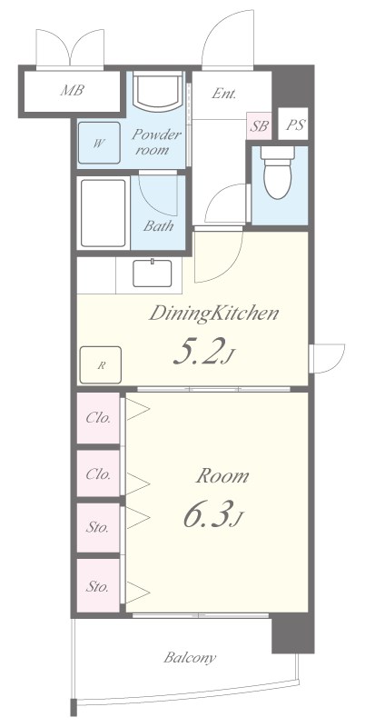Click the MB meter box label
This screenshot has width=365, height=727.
tap(73, 90)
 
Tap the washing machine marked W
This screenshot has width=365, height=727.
tap(99, 143)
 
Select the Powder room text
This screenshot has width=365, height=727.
tap(156, 143)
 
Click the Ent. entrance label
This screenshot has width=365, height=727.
tap(224, 94)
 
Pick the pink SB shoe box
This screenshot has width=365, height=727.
tap(259, 125)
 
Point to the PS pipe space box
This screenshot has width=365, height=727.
tap(293, 124)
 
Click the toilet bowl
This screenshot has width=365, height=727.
tap(278, 173)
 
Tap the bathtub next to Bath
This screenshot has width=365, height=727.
tap(103, 213)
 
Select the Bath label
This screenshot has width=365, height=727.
tap(158, 226)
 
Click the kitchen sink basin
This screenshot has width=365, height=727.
tap(153, 274)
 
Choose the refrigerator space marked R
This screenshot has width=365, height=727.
tap(101, 365)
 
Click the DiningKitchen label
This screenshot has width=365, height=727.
tap(213, 314)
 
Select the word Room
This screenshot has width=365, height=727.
tap(222, 476)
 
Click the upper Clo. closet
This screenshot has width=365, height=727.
tap(99, 418)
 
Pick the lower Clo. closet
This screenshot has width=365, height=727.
tap(99, 473)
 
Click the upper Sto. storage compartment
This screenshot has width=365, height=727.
tap(99, 528)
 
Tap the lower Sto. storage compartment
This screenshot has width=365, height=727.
tap(99, 585)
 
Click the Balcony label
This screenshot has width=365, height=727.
tap(190, 658)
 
